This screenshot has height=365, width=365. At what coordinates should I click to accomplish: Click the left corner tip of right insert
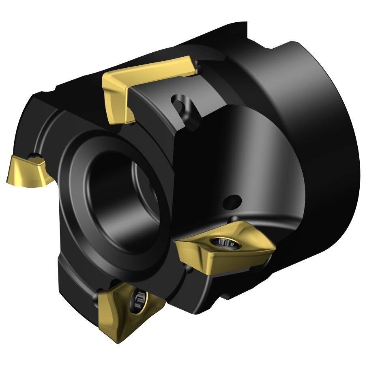tap(176, 242)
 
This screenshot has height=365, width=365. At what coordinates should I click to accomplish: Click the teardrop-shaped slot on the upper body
tap(181, 103)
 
